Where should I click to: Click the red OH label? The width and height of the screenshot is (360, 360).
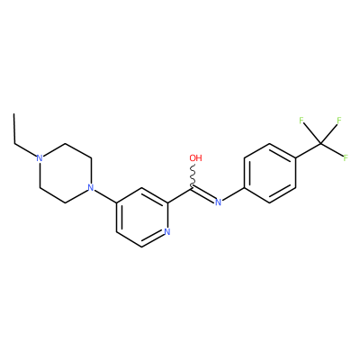195,157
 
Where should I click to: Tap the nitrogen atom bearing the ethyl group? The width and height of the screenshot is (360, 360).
40,157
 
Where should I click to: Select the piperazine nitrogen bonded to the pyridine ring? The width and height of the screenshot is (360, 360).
91,188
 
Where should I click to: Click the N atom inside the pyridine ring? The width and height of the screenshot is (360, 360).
167,232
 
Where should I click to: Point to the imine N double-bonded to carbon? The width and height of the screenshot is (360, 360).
219,202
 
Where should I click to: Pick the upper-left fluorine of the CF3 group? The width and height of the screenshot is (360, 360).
301,121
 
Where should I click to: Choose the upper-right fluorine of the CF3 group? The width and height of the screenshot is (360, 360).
339,121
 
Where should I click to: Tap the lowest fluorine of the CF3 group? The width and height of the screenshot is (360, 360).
346,157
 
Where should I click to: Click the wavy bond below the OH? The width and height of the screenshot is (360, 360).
193,175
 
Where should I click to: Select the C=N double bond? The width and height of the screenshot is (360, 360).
203,194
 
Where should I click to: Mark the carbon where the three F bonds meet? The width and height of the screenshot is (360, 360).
320,143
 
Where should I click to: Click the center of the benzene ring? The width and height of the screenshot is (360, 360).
270,173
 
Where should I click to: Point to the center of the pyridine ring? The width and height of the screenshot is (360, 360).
141,217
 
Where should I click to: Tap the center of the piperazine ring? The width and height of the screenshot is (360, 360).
65,173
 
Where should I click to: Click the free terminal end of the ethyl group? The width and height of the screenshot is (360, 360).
13,114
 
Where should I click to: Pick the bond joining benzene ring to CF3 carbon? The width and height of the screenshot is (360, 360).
308,150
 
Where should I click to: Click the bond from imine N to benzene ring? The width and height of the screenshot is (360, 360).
233,194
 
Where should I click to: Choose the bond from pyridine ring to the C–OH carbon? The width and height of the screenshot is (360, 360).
180,195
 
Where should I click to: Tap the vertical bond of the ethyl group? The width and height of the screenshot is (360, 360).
13,129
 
